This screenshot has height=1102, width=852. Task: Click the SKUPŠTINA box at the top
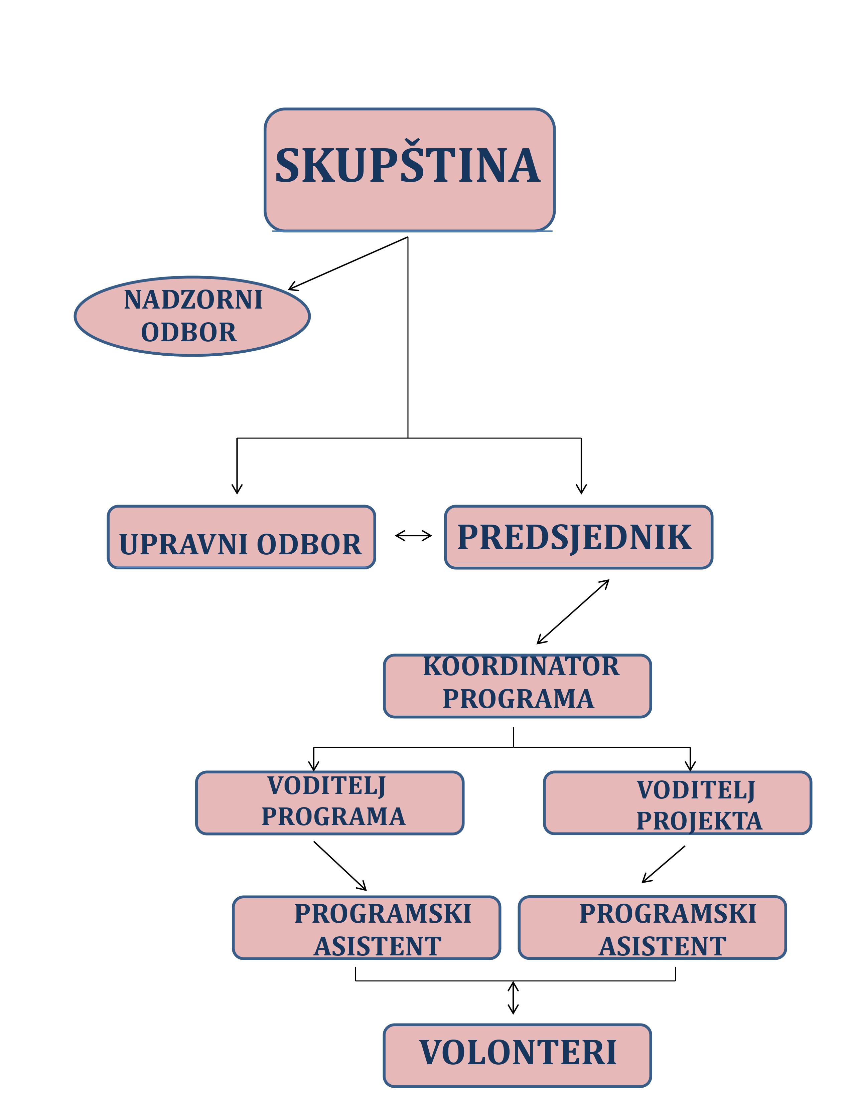409,170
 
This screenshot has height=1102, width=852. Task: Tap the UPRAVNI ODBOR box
241,537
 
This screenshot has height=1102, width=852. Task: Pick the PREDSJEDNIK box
578,537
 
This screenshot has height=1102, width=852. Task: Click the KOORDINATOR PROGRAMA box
517,686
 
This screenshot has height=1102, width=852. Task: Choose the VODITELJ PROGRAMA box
329,803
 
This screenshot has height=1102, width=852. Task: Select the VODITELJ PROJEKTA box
677,803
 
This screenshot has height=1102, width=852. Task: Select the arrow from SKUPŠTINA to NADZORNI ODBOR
348,263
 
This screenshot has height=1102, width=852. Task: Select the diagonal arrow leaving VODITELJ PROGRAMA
340,866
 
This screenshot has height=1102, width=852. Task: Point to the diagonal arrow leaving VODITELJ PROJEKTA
663,864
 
